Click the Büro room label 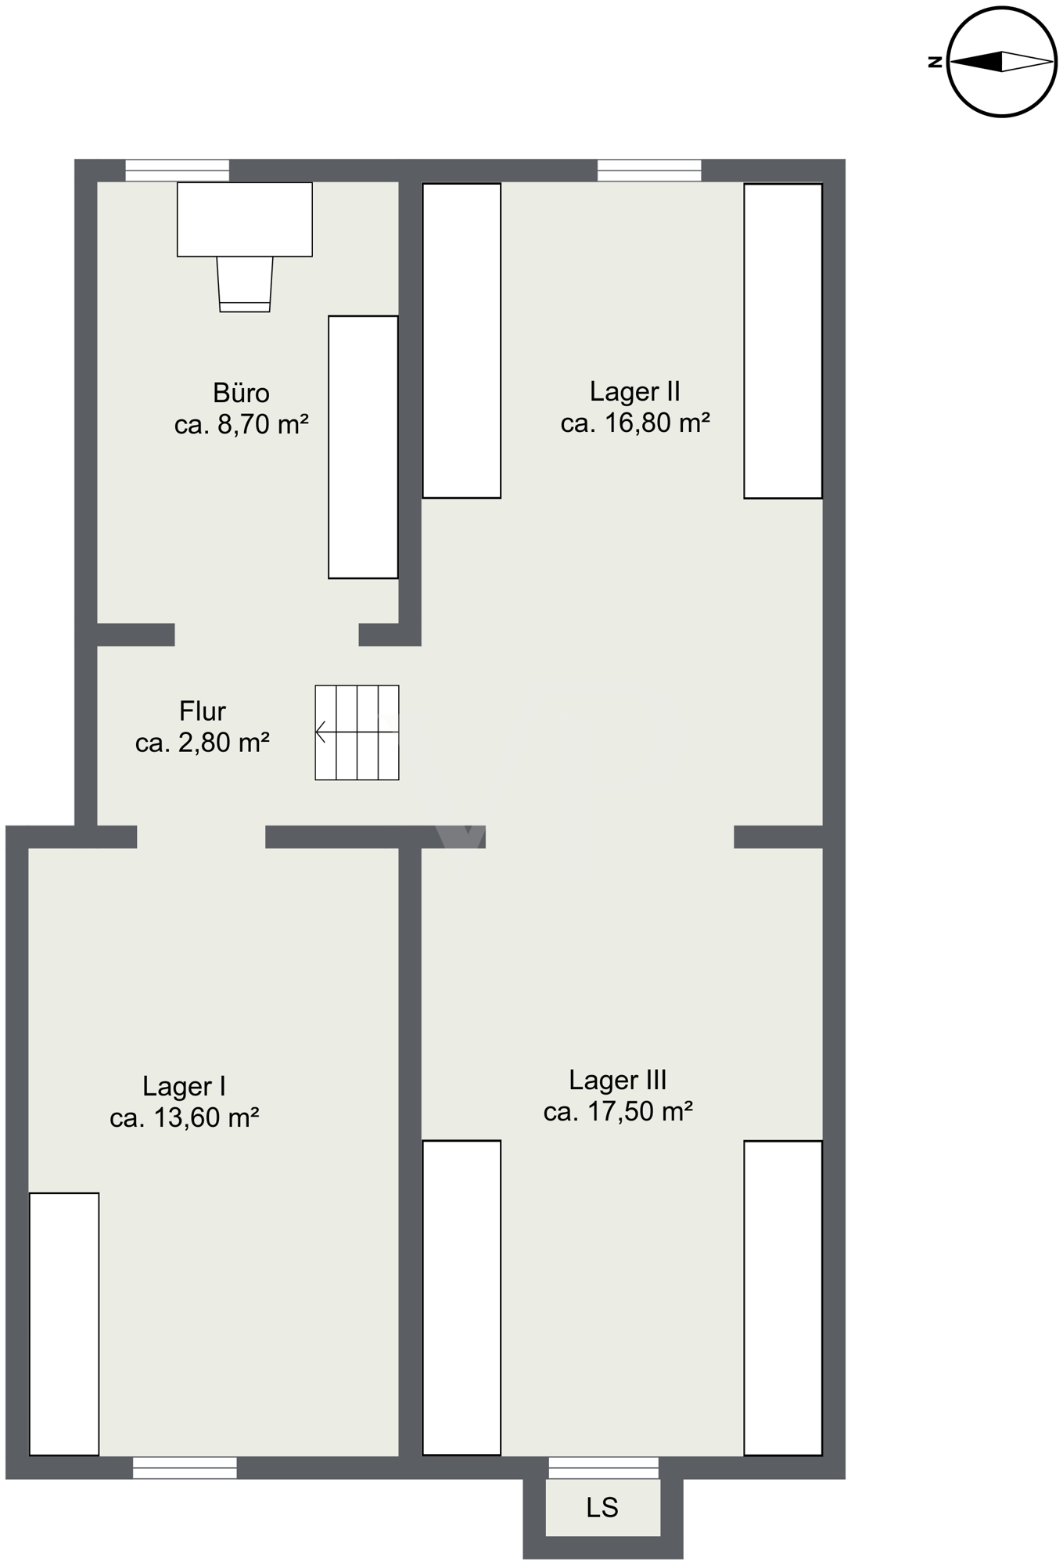point(241,392)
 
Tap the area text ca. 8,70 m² point(241,424)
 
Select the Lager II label point(634,391)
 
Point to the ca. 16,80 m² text point(635,423)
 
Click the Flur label point(203,711)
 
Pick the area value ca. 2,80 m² point(203,742)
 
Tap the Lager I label point(184,1086)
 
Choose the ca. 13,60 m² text point(185,1117)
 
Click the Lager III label point(618,1080)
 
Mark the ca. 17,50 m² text point(618,1111)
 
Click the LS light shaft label point(602,1507)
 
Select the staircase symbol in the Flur point(357,732)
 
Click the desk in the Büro point(245,219)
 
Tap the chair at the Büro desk point(245,284)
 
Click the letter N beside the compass point(935,62)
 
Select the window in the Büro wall point(178,171)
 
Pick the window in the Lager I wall point(185,1467)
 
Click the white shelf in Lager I point(64,1324)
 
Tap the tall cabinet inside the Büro point(363,447)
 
